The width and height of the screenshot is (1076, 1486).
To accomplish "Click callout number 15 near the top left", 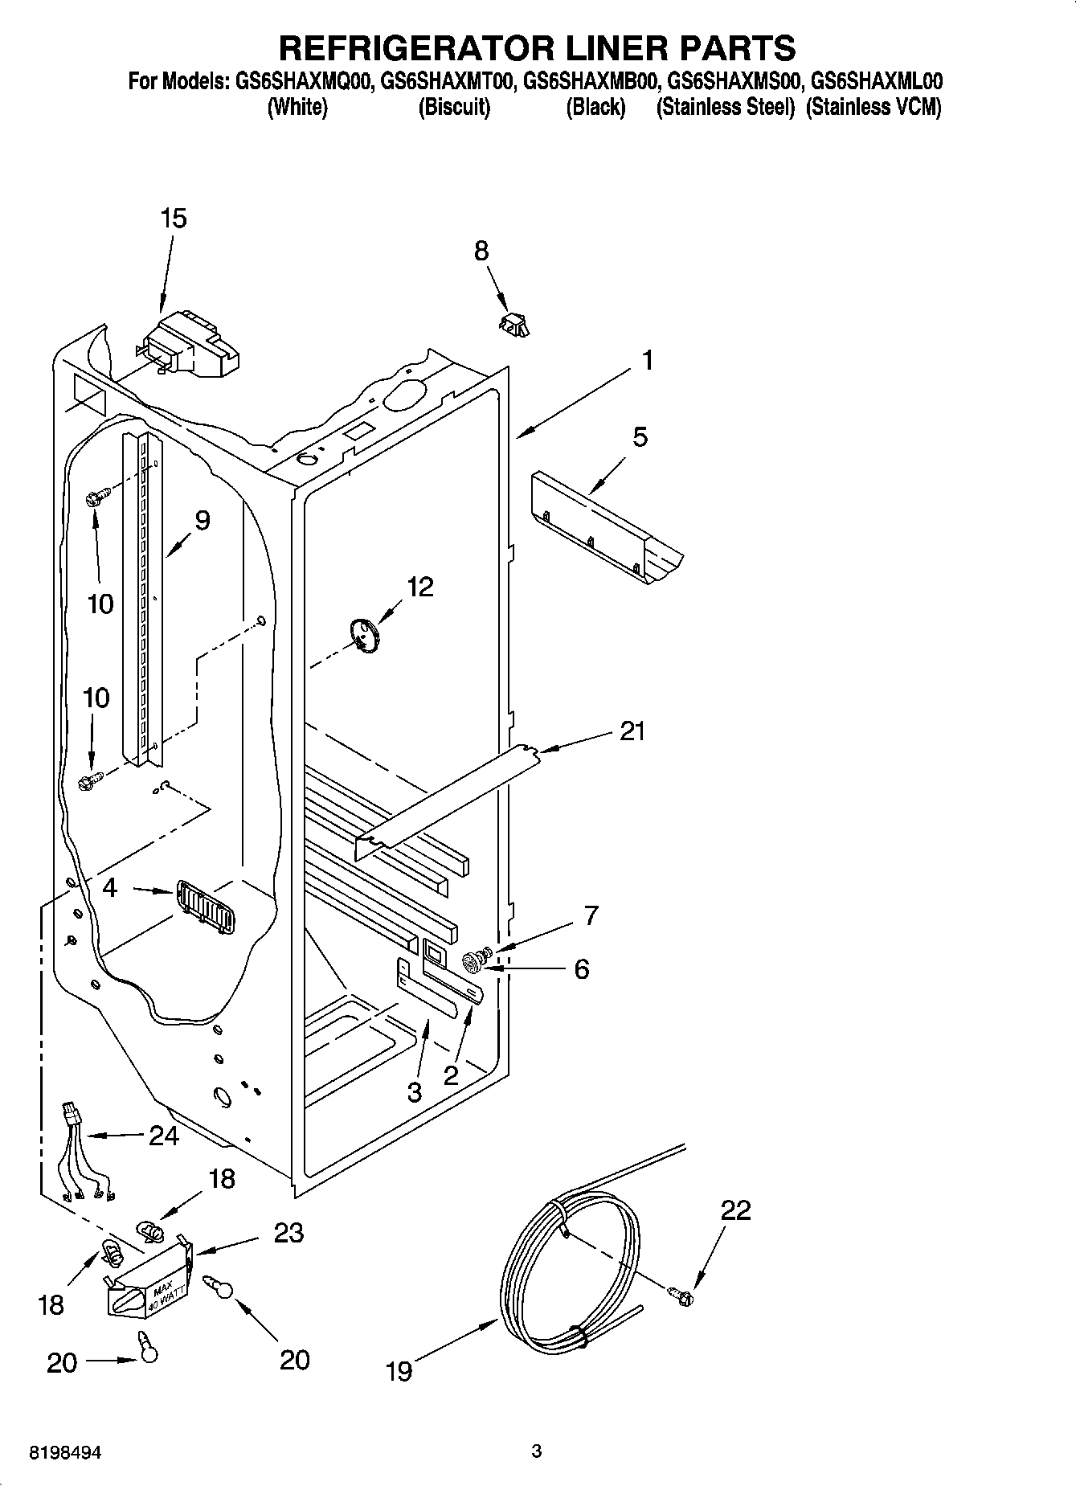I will (174, 218).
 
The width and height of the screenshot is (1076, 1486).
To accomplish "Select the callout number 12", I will (419, 587).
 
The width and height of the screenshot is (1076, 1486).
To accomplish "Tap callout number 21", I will (632, 731).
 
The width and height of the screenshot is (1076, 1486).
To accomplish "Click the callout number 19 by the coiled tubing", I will (399, 1369).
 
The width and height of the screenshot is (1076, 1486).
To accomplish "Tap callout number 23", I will (288, 1232).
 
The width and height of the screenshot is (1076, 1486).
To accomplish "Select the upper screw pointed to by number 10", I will (92, 498).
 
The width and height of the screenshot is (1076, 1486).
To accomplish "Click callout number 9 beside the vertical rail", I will (202, 520).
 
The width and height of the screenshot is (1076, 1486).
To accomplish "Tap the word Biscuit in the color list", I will (454, 107).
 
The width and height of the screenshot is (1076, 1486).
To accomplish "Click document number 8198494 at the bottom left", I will (66, 1453).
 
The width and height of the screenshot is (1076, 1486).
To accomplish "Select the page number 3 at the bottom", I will (537, 1451).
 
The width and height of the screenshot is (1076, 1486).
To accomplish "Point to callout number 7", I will (591, 915).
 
